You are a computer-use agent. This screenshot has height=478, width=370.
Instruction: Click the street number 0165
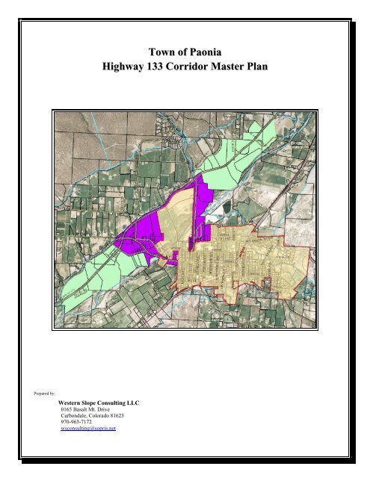[x=68, y=411]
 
